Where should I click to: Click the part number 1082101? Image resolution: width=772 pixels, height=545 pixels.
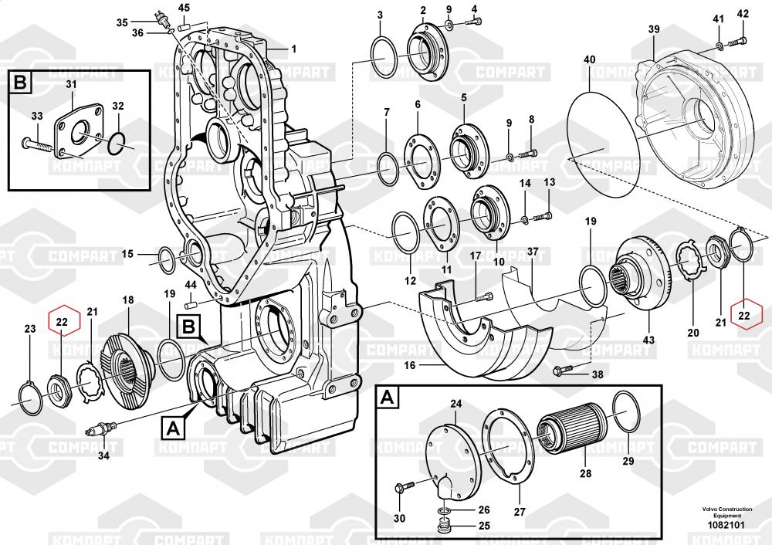point(726,525)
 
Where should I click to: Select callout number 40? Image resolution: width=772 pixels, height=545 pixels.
point(589,59)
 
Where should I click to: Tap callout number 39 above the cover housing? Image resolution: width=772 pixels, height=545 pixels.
point(653,29)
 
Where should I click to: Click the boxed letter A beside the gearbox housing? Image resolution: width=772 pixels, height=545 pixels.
point(173,428)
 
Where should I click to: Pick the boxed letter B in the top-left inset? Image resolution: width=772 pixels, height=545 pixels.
point(20,83)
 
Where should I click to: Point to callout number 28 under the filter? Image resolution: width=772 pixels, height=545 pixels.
point(585,473)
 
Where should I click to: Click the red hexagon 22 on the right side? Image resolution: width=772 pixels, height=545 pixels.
point(743,315)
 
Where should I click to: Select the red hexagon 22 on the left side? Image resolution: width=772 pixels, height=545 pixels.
point(62,322)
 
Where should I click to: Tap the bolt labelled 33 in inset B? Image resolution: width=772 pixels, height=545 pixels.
point(37,145)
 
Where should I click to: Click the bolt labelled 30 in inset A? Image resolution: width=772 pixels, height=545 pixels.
point(406,487)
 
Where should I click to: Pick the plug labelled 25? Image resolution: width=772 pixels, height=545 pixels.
point(445,526)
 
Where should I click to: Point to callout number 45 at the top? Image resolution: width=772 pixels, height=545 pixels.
point(183,8)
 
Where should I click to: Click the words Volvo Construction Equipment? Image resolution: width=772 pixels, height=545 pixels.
point(727,512)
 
